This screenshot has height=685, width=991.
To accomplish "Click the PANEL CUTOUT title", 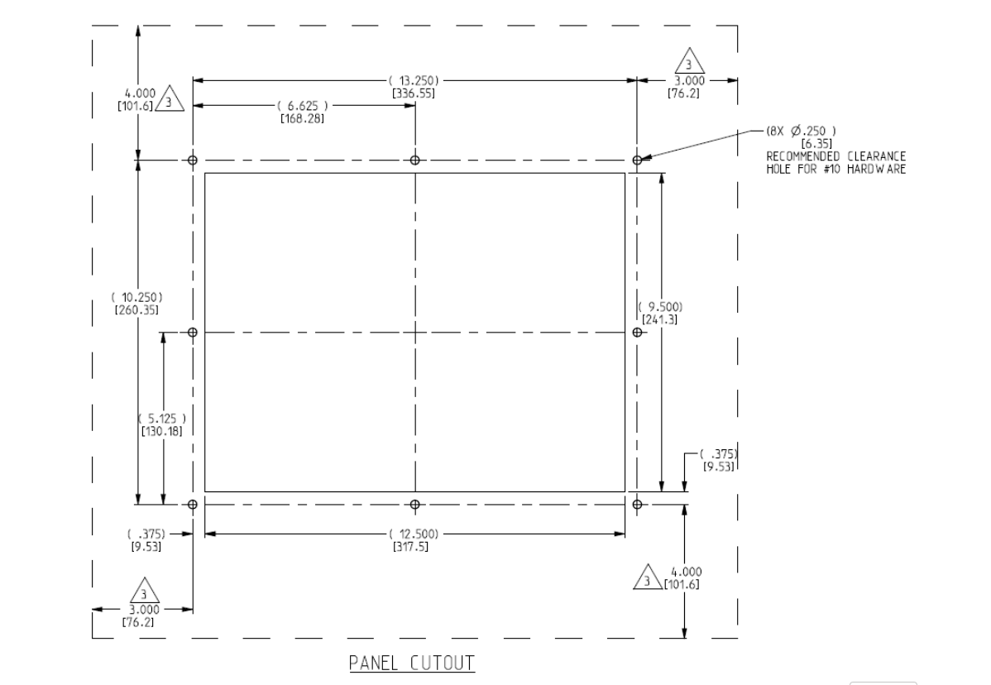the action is click(x=412, y=663).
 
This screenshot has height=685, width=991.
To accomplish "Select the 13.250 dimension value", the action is click(x=414, y=81).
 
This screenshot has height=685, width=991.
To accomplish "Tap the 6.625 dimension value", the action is click(x=303, y=106).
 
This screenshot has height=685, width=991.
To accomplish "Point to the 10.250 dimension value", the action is click(x=137, y=297).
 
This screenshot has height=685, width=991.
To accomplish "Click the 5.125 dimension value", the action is click(x=162, y=419).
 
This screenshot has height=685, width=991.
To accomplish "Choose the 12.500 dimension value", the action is click(x=414, y=534).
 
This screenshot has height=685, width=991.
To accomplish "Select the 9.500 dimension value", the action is click(x=660, y=307).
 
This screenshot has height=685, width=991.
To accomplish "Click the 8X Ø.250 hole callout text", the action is click(x=802, y=131).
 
